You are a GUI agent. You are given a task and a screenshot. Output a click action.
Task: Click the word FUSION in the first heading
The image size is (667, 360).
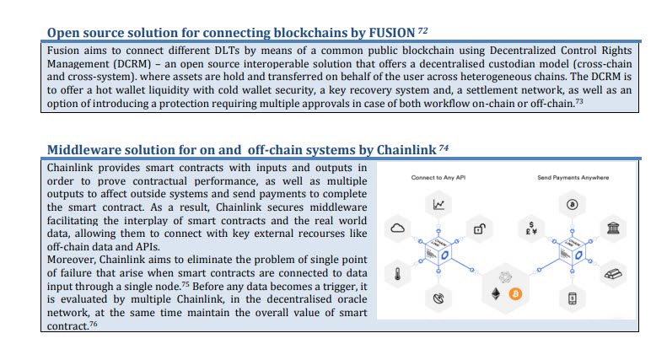392,33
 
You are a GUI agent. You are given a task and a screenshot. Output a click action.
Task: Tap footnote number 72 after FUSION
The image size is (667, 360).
422,30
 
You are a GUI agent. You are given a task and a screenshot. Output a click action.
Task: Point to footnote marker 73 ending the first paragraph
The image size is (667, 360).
579,102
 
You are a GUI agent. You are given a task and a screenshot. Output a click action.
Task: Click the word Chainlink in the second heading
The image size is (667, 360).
406,150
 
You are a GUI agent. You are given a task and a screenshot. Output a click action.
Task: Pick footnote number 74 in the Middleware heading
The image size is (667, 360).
444,148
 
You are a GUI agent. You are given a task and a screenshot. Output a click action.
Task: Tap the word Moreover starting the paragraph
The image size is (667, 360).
72,260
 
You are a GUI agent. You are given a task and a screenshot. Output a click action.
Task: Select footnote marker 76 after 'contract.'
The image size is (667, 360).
93,324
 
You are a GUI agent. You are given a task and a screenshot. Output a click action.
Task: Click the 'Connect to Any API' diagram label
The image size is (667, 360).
438,177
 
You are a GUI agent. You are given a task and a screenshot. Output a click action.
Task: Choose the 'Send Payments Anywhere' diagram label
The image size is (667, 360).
573,177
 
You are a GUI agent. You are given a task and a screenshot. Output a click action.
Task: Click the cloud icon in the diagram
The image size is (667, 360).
398,228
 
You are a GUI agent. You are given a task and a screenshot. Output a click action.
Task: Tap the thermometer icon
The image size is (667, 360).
398,274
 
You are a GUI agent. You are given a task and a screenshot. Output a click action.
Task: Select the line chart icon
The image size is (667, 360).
438,205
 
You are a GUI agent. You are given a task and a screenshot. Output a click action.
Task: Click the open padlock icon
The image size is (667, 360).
480,229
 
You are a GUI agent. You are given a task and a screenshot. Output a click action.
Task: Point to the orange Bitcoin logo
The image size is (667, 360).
515,293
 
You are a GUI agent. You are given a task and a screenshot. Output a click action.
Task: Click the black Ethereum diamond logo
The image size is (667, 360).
496,293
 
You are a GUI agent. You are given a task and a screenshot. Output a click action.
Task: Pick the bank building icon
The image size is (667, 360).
613,228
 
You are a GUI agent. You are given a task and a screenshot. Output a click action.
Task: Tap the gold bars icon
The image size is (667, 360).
613,274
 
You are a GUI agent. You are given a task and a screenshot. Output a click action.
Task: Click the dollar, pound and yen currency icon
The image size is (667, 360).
531,228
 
